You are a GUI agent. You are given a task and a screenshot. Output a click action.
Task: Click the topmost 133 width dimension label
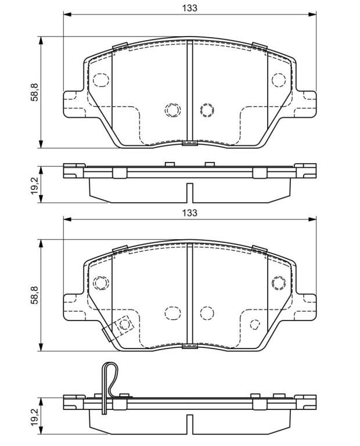point(190,8)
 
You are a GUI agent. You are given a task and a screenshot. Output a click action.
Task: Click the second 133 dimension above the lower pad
point(190,213)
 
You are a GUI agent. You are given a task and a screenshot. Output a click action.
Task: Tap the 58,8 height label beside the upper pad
point(35,92)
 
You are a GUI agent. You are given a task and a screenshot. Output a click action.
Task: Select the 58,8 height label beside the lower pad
point(35,295)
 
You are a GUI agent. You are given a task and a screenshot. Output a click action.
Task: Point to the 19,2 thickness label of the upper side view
point(35,185)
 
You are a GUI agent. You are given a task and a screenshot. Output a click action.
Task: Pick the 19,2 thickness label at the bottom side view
point(35,416)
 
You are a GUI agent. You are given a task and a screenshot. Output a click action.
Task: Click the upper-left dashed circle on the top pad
point(101,80)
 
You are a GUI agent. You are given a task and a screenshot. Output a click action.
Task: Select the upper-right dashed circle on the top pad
point(278,80)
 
